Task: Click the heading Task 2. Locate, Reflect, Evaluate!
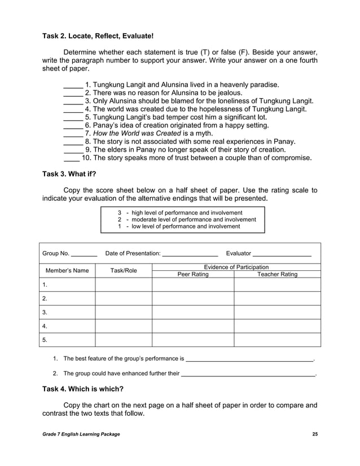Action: coord(98,36)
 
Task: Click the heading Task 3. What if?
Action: coord(69,174)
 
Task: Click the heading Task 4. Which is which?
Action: coord(83,389)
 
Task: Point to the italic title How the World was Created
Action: coord(133,133)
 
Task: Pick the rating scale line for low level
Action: coord(178,226)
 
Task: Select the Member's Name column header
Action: coord(67,271)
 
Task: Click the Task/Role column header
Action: coord(124,271)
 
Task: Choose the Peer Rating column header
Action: coord(193,275)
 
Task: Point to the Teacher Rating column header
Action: coord(277,275)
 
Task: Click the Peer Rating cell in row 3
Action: coord(193,312)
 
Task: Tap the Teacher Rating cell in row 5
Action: coord(277,340)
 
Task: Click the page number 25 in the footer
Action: coord(315,433)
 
